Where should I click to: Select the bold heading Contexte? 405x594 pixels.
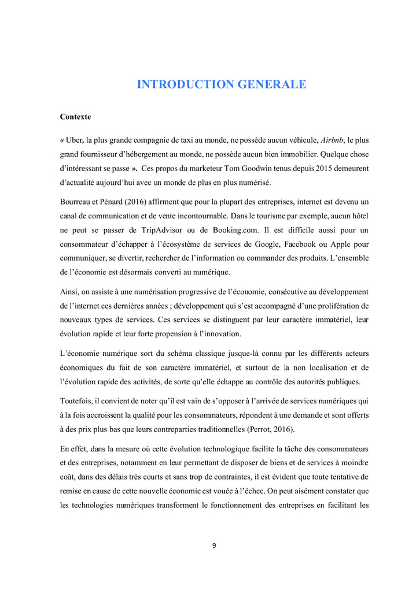[75, 117]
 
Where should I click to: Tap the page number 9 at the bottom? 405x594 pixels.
[214, 545]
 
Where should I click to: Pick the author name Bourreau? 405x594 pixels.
[76, 202]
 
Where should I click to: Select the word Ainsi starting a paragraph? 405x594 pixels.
[70, 291]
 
